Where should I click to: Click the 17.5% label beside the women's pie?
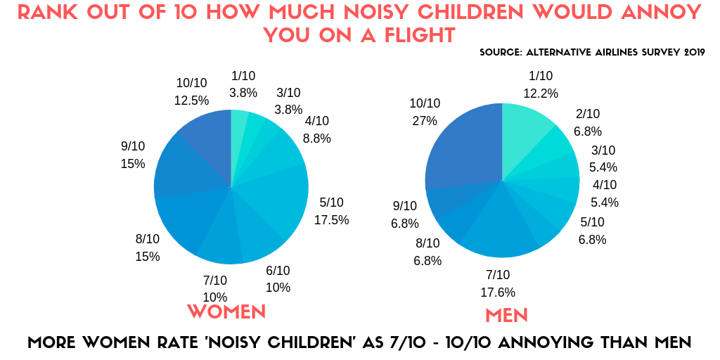[x=331, y=220]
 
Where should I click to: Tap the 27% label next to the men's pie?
[x=424, y=121]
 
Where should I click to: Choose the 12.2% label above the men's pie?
[x=541, y=94]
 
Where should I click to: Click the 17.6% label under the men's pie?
[x=498, y=292]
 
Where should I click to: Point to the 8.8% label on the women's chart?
[x=316, y=139]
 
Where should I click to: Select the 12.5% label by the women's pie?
[x=191, y=101]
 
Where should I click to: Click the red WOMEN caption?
[x=226, y=311]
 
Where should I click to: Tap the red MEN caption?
[x=507, y=314]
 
